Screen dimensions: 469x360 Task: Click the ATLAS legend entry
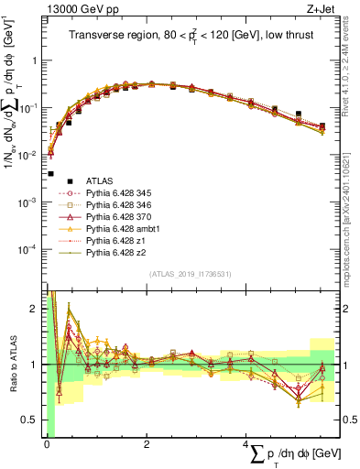point(100,181)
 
